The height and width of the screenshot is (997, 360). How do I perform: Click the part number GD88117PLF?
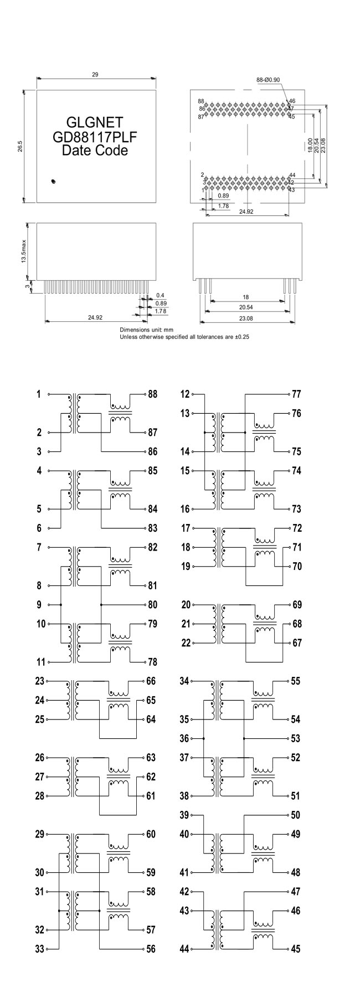pyautogui.click(x=95, y=136)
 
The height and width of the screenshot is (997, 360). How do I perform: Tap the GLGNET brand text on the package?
pyautogui.click(x=95, y=122)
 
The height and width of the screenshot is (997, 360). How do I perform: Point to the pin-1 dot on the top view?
pyautogui.click(x=53, y=181)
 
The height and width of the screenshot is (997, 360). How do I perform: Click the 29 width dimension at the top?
pyautogui.click(x=95, y=74)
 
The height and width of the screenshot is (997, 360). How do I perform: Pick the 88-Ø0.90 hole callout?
pyautogui.click(x=268, y=80)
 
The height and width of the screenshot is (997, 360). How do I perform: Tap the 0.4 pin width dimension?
pyautogui.click(x=160, y=296)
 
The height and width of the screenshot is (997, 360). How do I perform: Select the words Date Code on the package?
pyautogui.click(x=95, y=150)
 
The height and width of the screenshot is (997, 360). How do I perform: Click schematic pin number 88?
pyautogui.click(x=152, y=394)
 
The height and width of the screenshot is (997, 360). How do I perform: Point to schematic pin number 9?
pyautogui.click(x=39, y=605)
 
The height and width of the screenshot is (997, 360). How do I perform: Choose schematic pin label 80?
pyautogui.click(x=152, y=605)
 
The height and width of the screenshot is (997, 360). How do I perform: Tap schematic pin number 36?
pyautogui.click(x=185, y=738)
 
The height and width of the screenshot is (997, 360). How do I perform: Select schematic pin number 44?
pyautogui.click(x=185, y=949)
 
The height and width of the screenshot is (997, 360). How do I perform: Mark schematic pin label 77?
pyautogui.click(x=296, y=394)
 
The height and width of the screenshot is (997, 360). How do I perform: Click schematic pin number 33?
pyautogui.click(x=39, y=949)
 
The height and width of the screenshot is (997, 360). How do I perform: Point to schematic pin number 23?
pyautogui.click(x=39, y=681)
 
